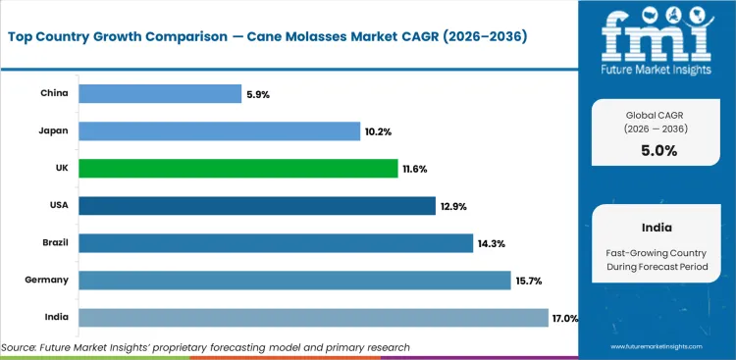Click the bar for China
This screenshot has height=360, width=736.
pyautogui.click(x=160, y=94)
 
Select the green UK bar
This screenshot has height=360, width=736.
pyautogui.click(x=238, y=169)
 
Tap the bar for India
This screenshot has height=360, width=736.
pyautogui.click(x=313, y=318)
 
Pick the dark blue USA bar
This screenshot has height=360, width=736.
pyautogui.click(x=257, y=206)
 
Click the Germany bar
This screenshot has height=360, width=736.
pyautogui.click(x=294, y=281)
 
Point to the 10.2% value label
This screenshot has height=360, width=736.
pyautogui.click(x=380, y=131)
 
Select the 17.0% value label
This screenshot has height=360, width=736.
pyautogui.click(x=565, y=318)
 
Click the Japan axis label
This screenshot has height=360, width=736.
pyautogui.click(x=54, y=131)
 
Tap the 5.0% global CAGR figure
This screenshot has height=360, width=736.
pyautogui.click(x=658, y=150)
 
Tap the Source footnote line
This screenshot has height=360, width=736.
pyautogui.click(x=206, y=347)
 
